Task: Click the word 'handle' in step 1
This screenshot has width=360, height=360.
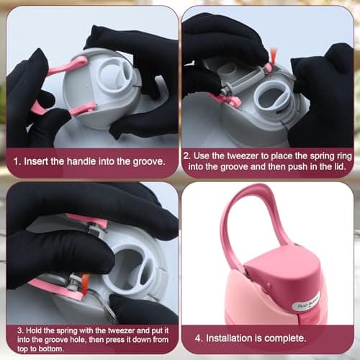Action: (81, 161)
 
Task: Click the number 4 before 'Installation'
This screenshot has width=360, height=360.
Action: (199, 338)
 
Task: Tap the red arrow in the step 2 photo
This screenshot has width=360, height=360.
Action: (273, 56)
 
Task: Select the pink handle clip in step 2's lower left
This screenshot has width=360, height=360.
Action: (229, 100)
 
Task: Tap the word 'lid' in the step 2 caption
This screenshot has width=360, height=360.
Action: (340, 166)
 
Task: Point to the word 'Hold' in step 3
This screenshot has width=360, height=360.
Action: (33, 330)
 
